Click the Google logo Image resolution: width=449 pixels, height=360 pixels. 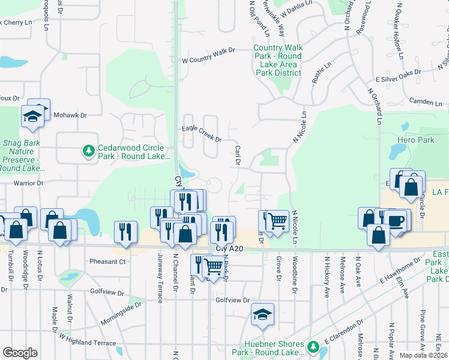click(20, 353)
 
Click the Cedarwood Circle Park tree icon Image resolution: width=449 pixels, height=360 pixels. click(89, 151)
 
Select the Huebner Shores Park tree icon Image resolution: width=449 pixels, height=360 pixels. click(312, 347)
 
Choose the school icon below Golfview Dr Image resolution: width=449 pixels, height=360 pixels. click(262, 315)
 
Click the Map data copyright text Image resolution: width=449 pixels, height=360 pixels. click(423, 355)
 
